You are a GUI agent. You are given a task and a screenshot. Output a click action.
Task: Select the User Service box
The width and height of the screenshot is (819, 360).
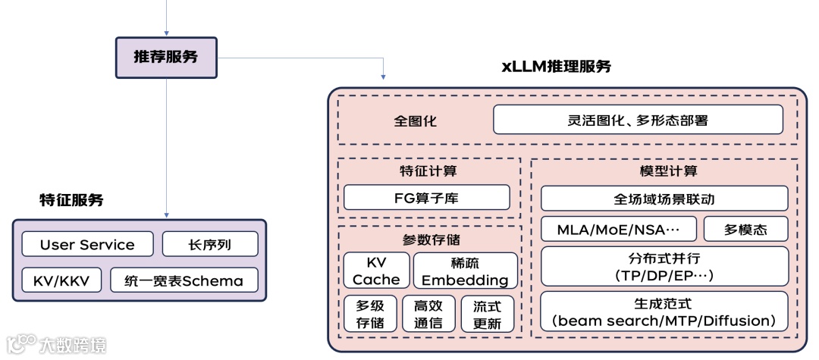click(87, 244)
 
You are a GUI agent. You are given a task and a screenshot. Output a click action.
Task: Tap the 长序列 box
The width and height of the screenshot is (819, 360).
click(210, 244)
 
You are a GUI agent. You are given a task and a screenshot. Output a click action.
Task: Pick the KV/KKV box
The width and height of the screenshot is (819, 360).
click(61, 280)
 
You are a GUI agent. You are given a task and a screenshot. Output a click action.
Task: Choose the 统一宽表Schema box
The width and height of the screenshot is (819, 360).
click(184, 280)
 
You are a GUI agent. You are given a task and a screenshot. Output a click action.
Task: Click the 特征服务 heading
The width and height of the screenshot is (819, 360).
click(71, 201)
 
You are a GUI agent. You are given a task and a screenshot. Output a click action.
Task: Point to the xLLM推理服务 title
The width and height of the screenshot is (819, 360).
click(556, 66)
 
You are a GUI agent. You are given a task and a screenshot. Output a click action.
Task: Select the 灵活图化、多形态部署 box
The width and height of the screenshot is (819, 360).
click(638, 120)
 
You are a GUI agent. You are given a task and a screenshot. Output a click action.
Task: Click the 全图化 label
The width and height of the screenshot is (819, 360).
click(415, 121)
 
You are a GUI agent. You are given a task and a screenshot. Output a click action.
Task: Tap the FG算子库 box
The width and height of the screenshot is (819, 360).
click(426, 198)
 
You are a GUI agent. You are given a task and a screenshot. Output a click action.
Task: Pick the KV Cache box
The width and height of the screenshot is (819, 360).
click(376, 271)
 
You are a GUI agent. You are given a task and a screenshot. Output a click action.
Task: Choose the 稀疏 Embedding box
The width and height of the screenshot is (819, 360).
click(465, 271)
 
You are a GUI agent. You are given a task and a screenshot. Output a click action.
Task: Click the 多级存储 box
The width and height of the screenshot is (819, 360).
click(370, 314)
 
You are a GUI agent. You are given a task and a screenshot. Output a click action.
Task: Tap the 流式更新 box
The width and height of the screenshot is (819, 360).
click(487, 314)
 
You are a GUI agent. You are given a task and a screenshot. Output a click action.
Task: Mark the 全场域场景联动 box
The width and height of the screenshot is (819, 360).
click(664, 199)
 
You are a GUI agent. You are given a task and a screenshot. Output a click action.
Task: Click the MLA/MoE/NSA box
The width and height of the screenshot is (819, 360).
click(618, 229)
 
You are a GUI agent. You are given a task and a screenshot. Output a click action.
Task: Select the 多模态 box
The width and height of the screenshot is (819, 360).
click(745, 229)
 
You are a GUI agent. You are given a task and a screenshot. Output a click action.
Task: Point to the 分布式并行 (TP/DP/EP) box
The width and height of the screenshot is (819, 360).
click(664, 266)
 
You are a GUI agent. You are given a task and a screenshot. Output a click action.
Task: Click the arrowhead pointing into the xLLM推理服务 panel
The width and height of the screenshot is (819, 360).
click(384, 77)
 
